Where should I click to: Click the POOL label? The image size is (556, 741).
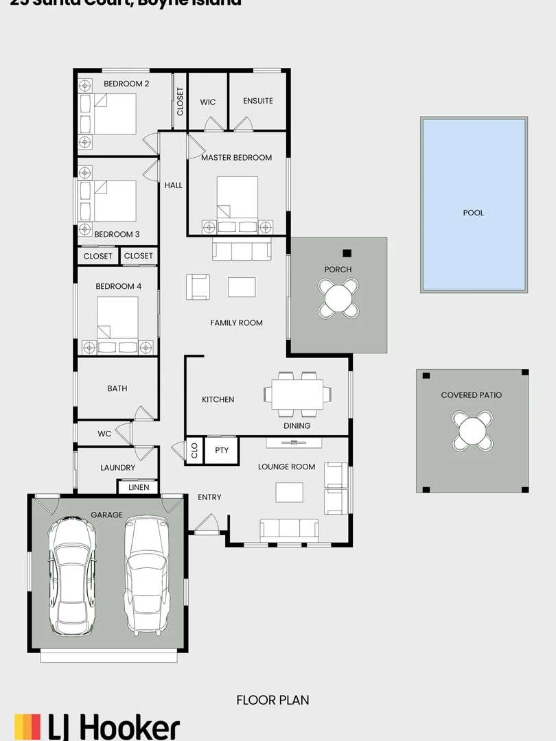click(x=473, y=213)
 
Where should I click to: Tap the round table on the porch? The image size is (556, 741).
click(x=338, y=298)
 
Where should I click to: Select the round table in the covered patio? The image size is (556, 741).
click(x=472, y=430)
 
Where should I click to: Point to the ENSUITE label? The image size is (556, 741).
click(x=258, y=101)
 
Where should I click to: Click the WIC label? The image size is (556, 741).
click(x=207, y=102)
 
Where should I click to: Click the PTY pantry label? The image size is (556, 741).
click(x=221, y=451)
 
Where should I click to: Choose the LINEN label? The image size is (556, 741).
click(x=138, y=487)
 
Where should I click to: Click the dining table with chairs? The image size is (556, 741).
click(x=297, y=395)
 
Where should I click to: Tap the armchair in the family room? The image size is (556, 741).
click(x=198, y=286)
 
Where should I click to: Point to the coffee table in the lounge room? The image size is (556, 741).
click(x=289, y=492)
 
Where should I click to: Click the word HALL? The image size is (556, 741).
click(x=174, y=185)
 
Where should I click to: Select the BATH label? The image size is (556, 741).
click(x=117, y=388)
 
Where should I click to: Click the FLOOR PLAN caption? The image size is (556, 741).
click(x=273, y=700)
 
